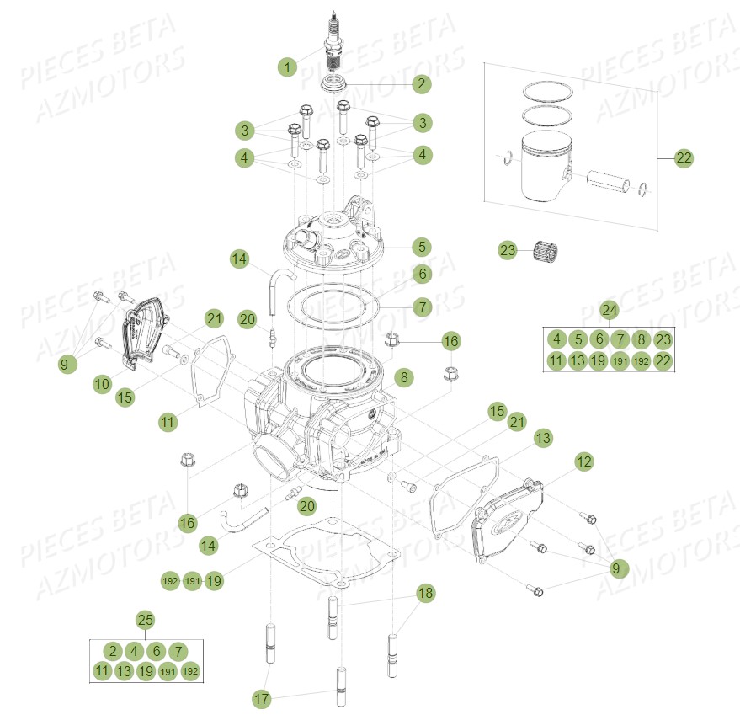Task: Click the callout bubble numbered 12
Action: coord(585,461)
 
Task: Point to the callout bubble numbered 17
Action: coord(263,698)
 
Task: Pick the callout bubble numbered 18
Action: coord(426,593)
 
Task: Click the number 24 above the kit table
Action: coord(610,311)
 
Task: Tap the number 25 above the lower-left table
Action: coord(146,621)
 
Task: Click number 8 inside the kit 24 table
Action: coord(642,340)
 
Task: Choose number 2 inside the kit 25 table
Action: coord(113,650)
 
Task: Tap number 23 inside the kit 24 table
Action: coord(664,340)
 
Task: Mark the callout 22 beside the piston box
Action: coord(684,157)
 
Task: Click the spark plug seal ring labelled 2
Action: coord(338,83)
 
